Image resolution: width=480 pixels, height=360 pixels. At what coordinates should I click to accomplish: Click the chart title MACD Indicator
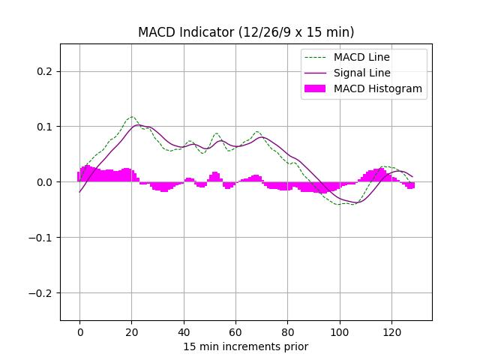246,32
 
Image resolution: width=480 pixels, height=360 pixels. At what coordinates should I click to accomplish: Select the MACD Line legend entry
361,57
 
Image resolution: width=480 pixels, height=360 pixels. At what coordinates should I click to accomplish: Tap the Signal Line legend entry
361,73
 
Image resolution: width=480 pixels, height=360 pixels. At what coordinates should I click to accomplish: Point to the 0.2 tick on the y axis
46,71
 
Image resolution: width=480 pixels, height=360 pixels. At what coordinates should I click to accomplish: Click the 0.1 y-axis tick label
46,127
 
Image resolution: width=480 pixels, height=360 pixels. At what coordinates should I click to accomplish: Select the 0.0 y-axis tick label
46,182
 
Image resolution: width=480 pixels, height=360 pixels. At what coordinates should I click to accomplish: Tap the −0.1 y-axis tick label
42,238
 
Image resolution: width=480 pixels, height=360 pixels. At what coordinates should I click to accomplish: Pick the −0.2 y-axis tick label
42,293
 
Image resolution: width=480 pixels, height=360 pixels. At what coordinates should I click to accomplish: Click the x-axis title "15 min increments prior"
246,346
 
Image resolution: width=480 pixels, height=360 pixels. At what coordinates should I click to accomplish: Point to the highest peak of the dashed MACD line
132,117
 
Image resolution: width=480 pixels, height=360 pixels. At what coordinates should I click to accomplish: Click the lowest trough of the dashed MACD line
341,205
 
